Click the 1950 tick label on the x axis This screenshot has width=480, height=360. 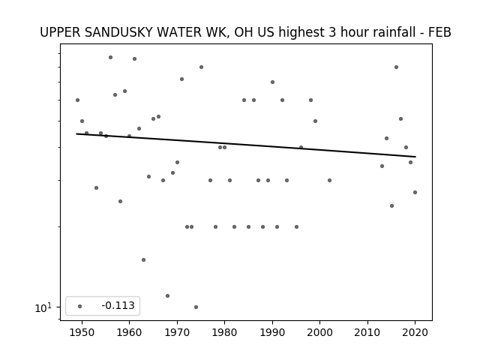(82, 332)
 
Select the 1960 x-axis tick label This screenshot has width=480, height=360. (129, 332)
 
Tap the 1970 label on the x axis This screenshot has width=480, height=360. (177, 332)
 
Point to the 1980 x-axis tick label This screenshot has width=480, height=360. (224, 332)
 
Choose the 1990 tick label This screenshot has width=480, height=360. (272, 332)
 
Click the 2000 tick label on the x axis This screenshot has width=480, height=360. (319, 332)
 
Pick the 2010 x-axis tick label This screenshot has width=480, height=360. (367, 332)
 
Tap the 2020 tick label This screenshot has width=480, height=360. (415, 332)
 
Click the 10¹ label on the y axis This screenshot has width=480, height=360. (43, 307)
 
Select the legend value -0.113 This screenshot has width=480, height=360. (118, 305)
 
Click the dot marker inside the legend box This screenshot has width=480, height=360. (80, 306)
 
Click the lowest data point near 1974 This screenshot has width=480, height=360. (196, 307)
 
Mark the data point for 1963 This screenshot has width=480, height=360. (143, 260)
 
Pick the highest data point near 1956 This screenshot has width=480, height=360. (110, 57)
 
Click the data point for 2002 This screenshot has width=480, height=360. (329, 180)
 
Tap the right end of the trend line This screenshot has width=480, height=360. (415, 157)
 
